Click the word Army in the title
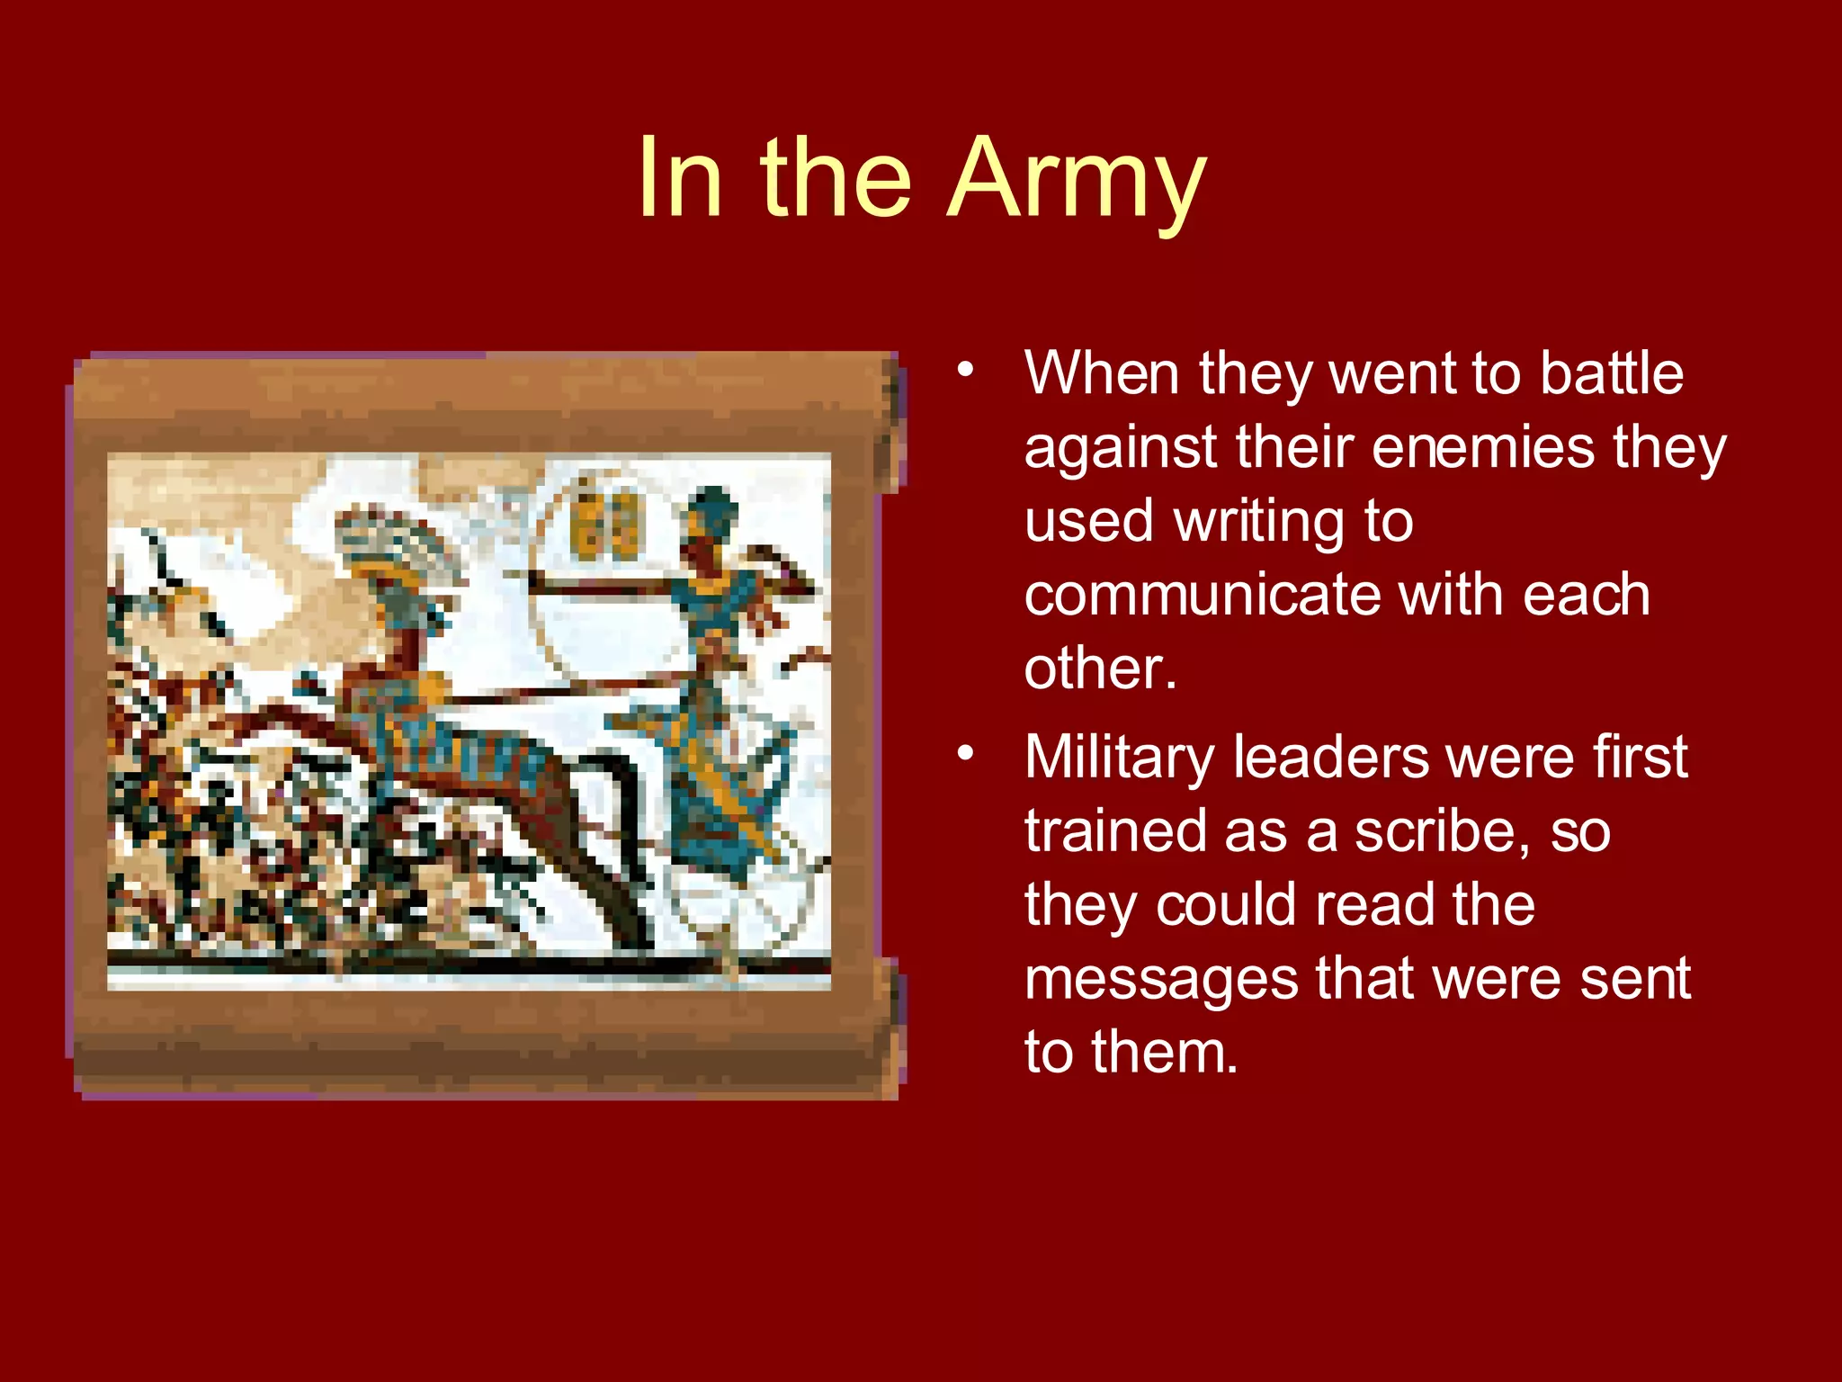point(1076,180)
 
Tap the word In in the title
point(680,180)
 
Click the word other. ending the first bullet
point(1099,669)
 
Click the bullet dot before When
point(965,370)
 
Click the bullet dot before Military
point(965,753)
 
